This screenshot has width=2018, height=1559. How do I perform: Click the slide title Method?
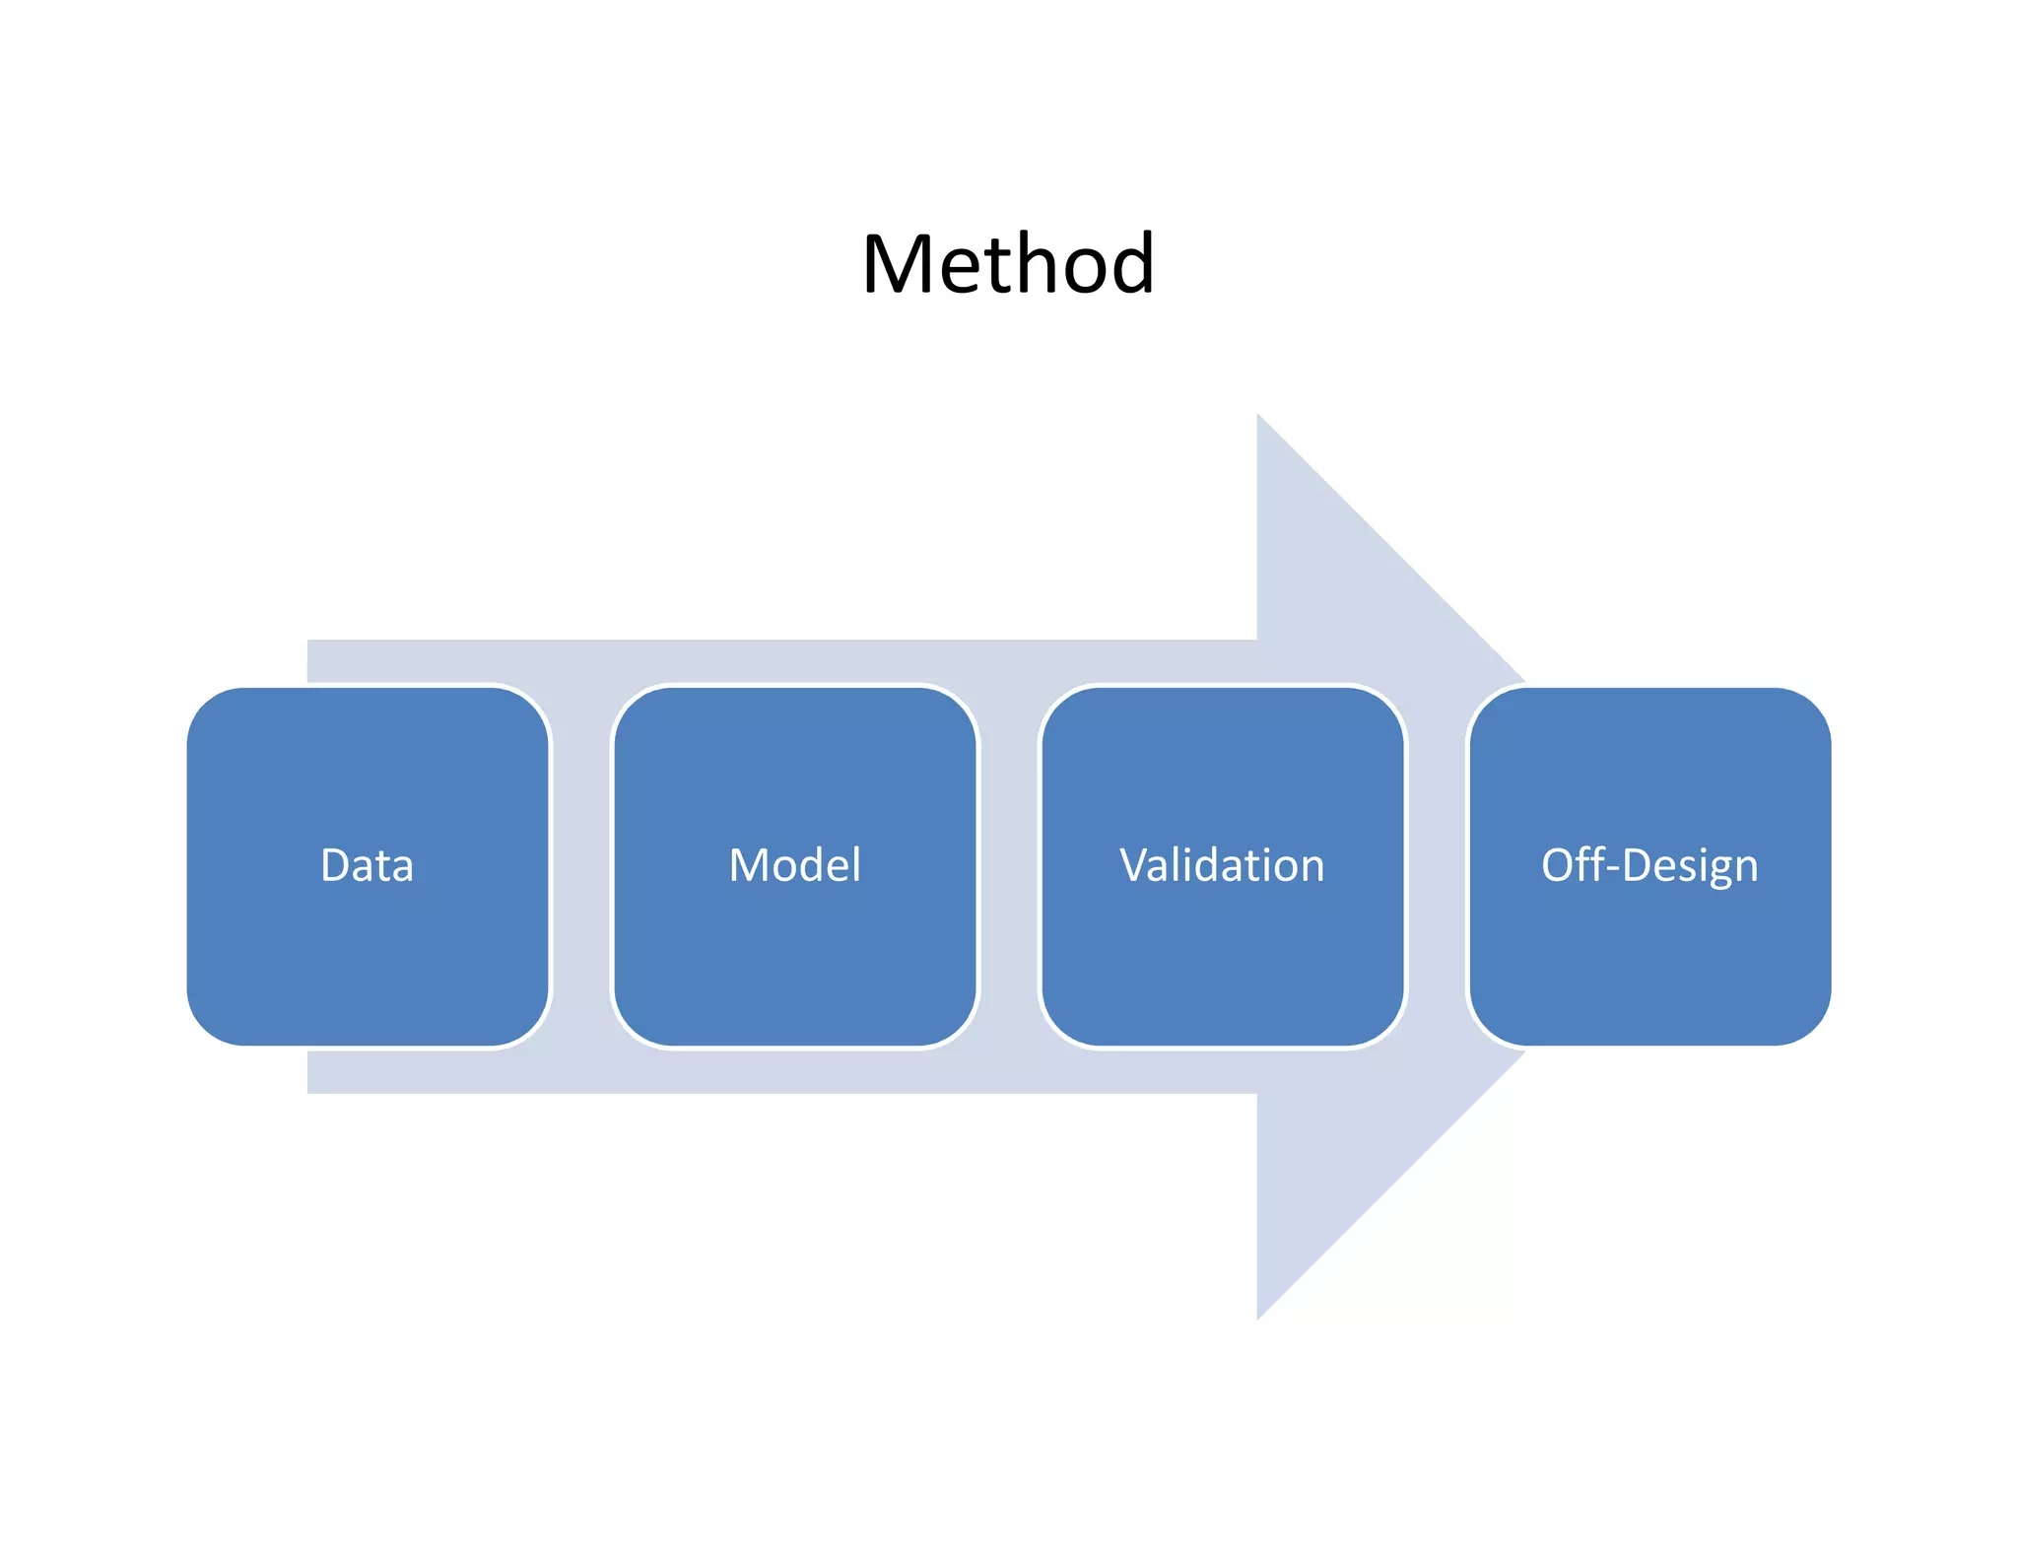click(1007, 264)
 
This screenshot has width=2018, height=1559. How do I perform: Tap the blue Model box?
click(794, 936)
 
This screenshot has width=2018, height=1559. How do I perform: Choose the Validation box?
click(1222, 936)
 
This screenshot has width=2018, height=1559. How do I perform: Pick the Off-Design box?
click(1649, 936)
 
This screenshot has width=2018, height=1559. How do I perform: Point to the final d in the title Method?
click(1130, 262)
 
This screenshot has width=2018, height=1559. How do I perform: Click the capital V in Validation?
click(1135, 865)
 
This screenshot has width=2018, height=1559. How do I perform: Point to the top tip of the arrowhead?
click(1259, 418)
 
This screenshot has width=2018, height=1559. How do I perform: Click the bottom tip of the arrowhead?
click(1259, 1316)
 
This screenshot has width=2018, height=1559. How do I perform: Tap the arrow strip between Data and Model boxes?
click(581, 867)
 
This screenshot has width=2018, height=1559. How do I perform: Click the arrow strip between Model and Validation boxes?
click(1009, 867)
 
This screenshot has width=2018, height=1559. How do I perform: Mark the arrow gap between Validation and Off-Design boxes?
click(1437, 867)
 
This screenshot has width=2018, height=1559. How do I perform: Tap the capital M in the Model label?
click(748, 865)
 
